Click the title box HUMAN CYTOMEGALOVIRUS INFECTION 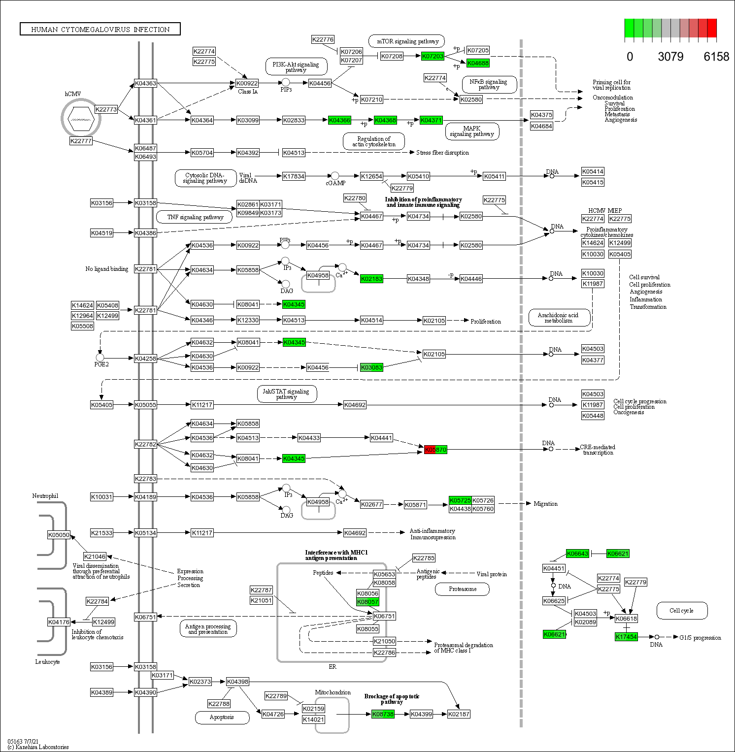point(100,30)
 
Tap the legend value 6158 point(716,57)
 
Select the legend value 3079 point(670,57)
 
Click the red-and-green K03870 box point(435,450)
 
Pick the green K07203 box point(433,56)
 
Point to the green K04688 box point(478,63)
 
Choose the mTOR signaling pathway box point(407,41)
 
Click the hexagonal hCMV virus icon point(81,119)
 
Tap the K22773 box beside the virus point(106,109)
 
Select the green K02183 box point(371,279)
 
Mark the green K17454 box point(626,637)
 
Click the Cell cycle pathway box point(682,611)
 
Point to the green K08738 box point(383,714)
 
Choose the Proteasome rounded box point(463,589)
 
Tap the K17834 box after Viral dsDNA point(294,176)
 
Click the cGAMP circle point(335,176)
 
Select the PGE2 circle point(100,357)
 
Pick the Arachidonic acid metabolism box point(559,318)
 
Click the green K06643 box point(577,554)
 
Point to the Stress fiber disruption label point(442,153)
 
